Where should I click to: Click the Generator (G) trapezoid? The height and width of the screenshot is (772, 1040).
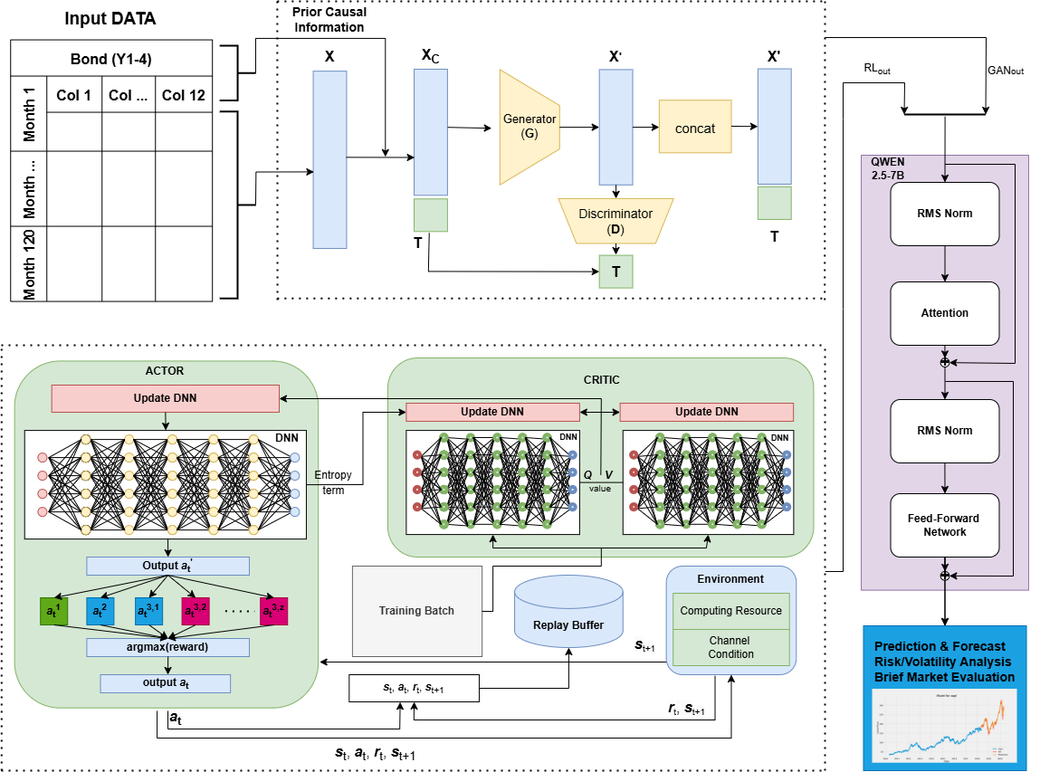pos(529,126)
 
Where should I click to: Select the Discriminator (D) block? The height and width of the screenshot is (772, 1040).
pos(616,221)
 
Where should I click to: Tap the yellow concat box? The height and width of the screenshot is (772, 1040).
pos(694,128)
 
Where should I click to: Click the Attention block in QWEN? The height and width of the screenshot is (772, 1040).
pos(944,313)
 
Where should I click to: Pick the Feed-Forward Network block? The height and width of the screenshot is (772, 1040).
pos(944,526)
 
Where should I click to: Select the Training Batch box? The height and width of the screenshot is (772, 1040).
pos(416,611)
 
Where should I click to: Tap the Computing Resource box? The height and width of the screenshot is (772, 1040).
pos(730,611)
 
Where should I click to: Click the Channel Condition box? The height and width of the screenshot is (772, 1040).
pos(730,647)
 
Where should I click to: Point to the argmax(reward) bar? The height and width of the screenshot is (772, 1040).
pos(167,646)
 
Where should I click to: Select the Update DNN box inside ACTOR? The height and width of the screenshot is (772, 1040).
pos(165,398)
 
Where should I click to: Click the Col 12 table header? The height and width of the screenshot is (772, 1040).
pos(183,95)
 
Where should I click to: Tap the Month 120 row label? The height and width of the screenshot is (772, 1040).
pos(29,263)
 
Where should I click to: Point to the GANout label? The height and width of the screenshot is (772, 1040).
pos(1005,70)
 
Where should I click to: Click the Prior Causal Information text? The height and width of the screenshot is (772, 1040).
pos(328,21)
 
